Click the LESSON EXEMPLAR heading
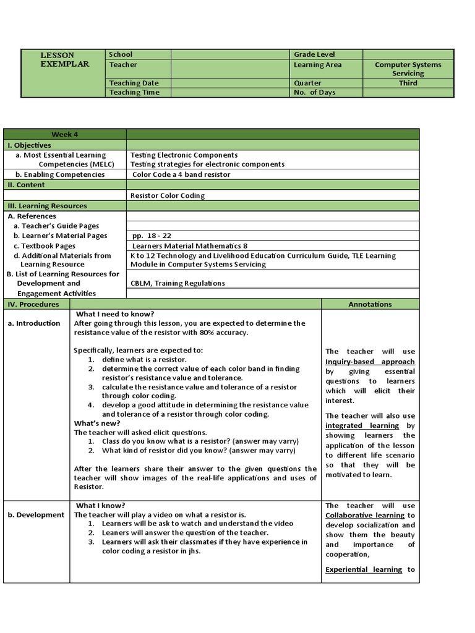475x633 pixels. (x=65, y=60)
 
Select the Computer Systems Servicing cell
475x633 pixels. (x=408, y=69)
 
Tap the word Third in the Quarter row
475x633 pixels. (x=408, y=83)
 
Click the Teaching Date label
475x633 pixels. (x=134, y=83)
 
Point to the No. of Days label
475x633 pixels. (x=314, y=93)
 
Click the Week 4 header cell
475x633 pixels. (x=65, y=135)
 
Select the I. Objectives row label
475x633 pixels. (x=30, y=145)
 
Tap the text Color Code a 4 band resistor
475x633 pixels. (x=181, y=174)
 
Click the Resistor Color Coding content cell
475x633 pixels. (x=168, y=195)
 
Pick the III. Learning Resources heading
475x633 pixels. (x=47, y=206)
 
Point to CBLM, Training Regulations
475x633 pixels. (x=178, y=283)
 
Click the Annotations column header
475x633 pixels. (x=370, y=304)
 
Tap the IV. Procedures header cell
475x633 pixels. (x=33, y=304)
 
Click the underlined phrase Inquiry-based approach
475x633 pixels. (x=370, y=362)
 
